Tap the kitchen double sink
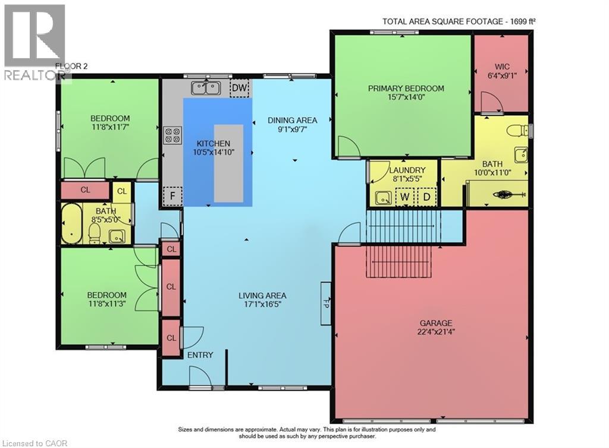(206, 88)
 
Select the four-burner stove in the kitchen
(173, 135)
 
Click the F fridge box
(172, 196)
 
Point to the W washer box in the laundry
(404, 197)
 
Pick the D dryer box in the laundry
(426, 197)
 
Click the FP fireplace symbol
(326, 304)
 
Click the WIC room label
(502, 67)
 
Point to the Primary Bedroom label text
(406, 89)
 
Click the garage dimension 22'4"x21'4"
(436, 332)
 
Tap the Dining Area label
(293, 120)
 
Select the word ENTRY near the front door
(200, 355)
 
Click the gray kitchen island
(229, 163)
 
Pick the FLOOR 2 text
(71, 66)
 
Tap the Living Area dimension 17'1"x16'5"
(262, 304)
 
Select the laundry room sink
(384, 198)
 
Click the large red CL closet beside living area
(171, 287)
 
